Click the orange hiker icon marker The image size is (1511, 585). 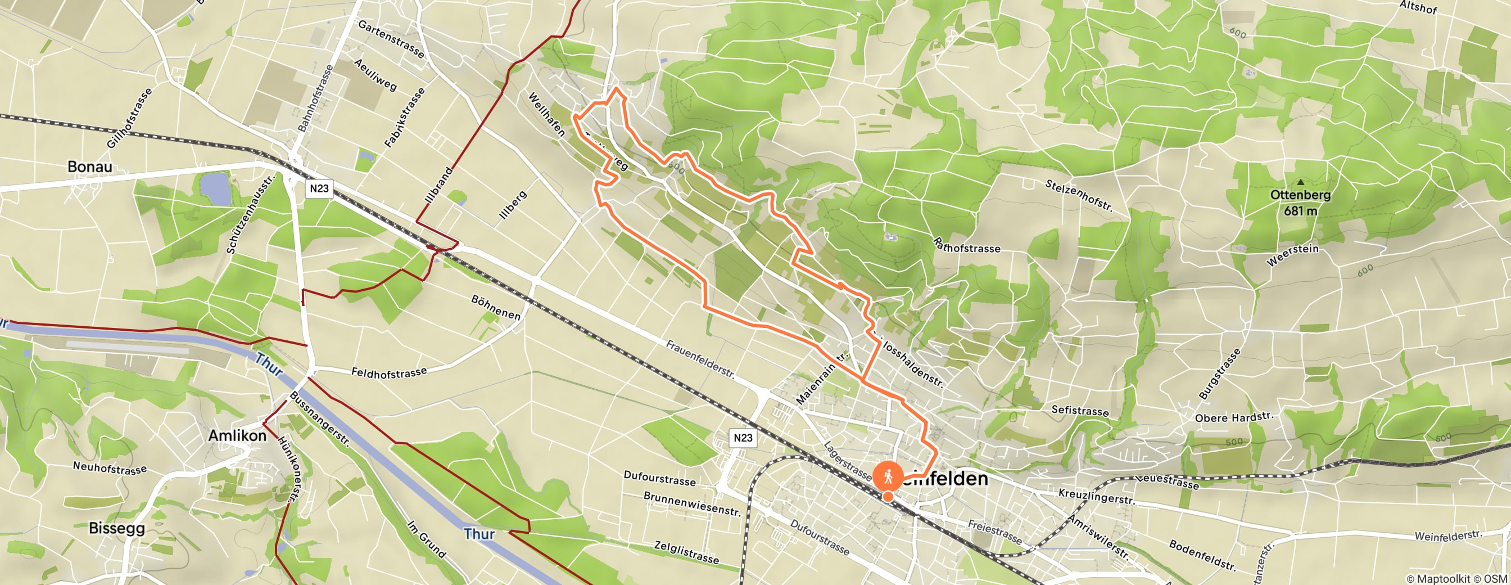[888, 476]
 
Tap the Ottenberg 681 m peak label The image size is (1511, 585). [1300, 202]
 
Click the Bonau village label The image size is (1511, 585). [90, 166]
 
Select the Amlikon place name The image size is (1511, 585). [237, 435]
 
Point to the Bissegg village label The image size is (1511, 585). [117, 528]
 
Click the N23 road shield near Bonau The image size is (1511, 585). [319, 188]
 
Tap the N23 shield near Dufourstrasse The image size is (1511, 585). [743, 438]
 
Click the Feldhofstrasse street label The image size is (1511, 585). [389, 372]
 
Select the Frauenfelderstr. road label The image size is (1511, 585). [700, 359]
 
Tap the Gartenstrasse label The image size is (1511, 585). [391, 39]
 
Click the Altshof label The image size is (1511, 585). [1418, 7]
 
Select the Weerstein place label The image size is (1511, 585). [1292, 255]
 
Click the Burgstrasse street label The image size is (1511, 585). [1220, 373]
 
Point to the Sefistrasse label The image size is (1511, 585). [1080, 411]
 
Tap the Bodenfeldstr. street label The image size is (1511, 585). [1202, 555]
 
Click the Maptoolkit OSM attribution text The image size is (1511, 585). [1457, 579]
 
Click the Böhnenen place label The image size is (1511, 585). [496, 308]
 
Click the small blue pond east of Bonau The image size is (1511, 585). [215, 188]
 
